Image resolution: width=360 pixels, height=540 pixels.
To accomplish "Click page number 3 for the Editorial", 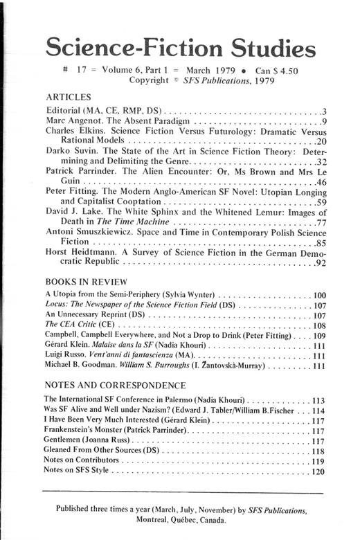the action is (323, 111).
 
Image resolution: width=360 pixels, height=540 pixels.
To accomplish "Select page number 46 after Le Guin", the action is (320, 182).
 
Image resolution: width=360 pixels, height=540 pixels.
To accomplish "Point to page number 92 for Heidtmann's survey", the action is (320, 263).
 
